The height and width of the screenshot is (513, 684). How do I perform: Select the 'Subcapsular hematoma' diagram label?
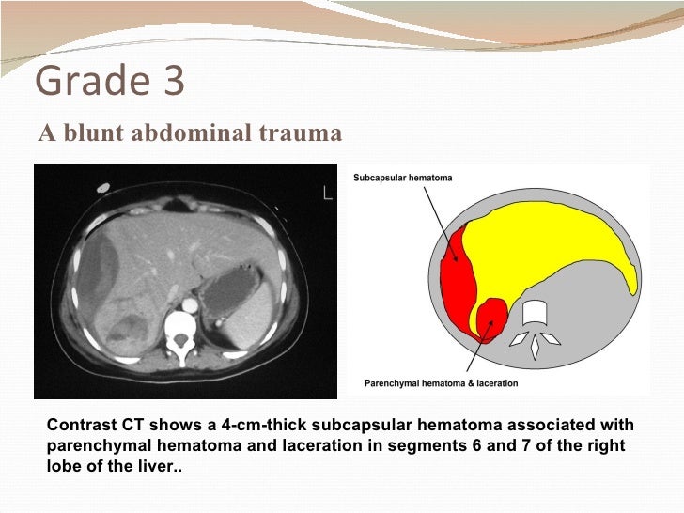tap(402, 178)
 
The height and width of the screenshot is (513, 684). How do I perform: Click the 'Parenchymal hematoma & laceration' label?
tap(440, 383)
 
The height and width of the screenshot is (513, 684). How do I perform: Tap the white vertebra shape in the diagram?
tap(534, 313)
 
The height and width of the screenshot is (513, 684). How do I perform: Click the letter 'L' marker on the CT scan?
tap(328, 194)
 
